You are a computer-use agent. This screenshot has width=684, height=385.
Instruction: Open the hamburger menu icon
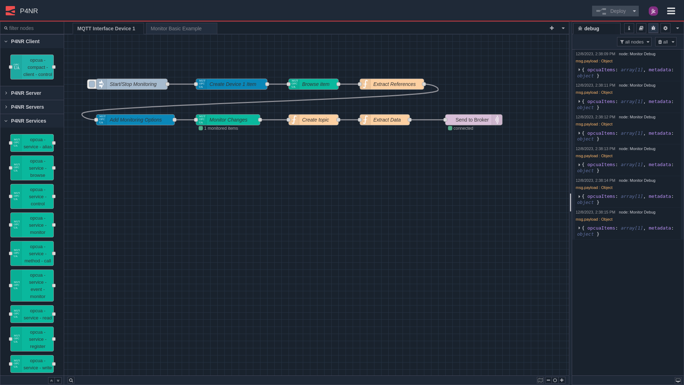pyautogui.click(x=671, y=11)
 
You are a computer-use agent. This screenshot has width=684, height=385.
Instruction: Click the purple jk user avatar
pyautogui.click(x=653, y=11)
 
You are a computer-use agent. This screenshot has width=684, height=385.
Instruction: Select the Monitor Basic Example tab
pyautogui.click(x=176, y=29)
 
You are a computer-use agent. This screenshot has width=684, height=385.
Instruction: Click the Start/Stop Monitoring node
pyautogui.click(x=133, y=84)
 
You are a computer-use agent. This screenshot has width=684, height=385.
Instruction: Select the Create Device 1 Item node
pyautogui.click(x=233, y=84)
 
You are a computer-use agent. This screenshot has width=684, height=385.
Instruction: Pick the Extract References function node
pyautogui.click(x=394, y=84)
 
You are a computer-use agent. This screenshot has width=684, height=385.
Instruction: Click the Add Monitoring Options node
pyautogui.click(x=136, y=120)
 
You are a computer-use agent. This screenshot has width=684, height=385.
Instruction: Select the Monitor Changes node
pyautogui.click(x=228, y=120)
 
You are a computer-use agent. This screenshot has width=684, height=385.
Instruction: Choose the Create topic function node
pyautogui.click(x=315, y=120)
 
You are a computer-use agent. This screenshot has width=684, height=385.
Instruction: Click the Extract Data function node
pyautogui.click(x=387, y=120)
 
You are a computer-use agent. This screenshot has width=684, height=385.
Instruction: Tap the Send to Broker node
pyautogui.click(x=472, y=120)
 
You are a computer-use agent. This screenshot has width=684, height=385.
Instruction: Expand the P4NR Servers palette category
pyautogui.click(x=27, y=107)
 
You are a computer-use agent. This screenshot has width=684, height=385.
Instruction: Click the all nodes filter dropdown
pyautogui.click(x=634, y=42)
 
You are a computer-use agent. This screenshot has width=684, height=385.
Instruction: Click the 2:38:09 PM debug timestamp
pyautogui.click(x=595, y=54)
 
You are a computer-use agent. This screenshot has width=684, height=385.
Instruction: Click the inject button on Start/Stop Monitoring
pyautogui.click(x=92, y=84)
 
